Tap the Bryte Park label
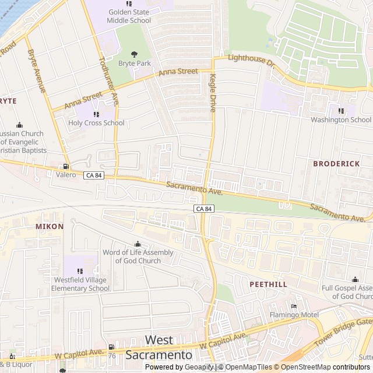pyautogui.click(x=135, y=62)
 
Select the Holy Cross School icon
pyautogui.click(x=96, y=114)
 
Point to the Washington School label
pyautogui.click(x=341, y=120)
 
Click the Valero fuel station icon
pyautogui.click(x=66, y=166)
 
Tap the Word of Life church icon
pyautogui.click(x=138, y=244)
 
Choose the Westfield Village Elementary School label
pyautogui.click(x=80, y=284)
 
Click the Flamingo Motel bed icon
pyautogui.click(x=294, y=307)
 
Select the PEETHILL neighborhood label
pyautogui.click(x=268, y=284)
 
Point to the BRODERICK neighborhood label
pyautogui.click(x=336, y=164)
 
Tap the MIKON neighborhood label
pyautogui.click(x=50, y=226)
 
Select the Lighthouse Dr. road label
pyautogui.click(x=251, y=59)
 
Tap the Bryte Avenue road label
pyautogui.click(x=36, y=70)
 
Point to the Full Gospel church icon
pyautogui.click(x=355, y=280)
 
